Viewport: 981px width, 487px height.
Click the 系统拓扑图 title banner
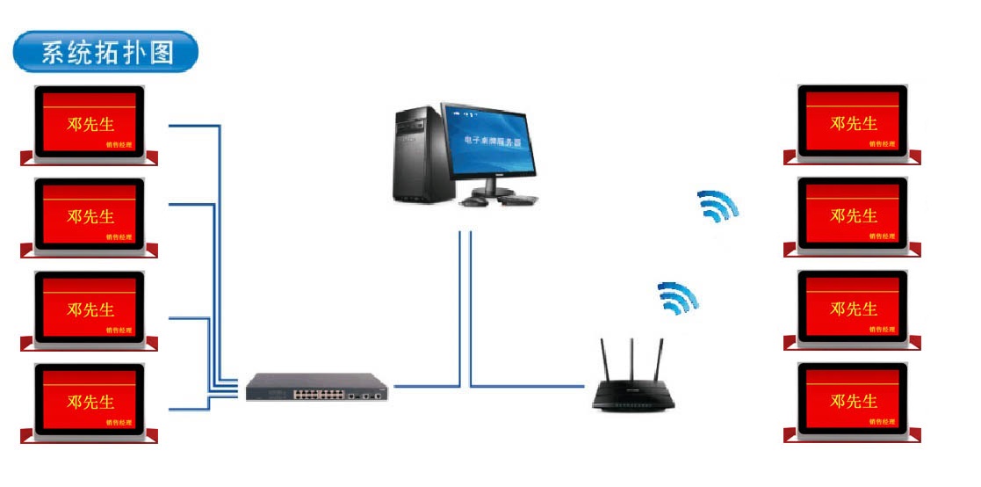coord(105,53)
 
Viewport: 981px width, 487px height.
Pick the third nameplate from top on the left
coord(90,310)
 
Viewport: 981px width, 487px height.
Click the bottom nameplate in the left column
coord(90,403)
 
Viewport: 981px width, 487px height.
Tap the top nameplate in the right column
coord(852,124)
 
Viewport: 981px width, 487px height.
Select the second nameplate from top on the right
coord(852,216)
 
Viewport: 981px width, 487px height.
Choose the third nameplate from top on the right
coord(852,309)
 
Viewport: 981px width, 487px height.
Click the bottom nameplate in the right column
coord(852,402)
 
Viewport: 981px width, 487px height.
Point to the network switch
coord(316,387)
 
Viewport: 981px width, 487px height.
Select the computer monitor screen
coord(487,141)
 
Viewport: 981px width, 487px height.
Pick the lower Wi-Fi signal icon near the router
coord(678,299)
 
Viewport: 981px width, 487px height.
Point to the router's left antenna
coord(604,360)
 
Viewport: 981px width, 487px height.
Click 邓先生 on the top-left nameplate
coord(90,124)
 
